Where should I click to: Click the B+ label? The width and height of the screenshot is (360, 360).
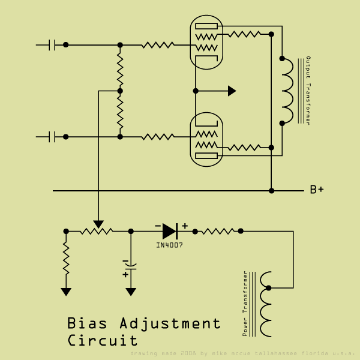pos(317,190)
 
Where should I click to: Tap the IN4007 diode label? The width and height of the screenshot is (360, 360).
pos(169,245)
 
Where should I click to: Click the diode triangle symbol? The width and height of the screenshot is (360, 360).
pos(169,230)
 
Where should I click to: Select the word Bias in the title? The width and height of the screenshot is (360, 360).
pos(88,324)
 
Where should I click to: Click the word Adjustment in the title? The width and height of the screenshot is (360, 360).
pos(170,325)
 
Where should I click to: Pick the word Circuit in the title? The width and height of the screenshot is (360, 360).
pos(103,341)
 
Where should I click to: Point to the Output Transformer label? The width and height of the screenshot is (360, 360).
pos(308,91)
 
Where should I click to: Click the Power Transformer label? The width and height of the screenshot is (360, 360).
pos(245,303)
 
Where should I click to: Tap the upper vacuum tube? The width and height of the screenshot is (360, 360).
pos(206,42)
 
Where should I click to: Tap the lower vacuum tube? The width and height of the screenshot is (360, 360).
pos(206,140)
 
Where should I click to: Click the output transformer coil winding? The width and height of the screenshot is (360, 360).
pos(287,91)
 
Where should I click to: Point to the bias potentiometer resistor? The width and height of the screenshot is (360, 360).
pos(98,230)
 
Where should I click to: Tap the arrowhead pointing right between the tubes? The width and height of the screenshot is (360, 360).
pos(232,91)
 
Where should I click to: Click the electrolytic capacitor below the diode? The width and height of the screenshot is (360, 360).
pos(131,265)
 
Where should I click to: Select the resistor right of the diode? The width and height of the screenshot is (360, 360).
pos(216,230)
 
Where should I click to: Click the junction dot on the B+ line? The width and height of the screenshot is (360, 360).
pos(271,191)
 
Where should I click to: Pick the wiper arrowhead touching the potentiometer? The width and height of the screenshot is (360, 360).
pos(98,224)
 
